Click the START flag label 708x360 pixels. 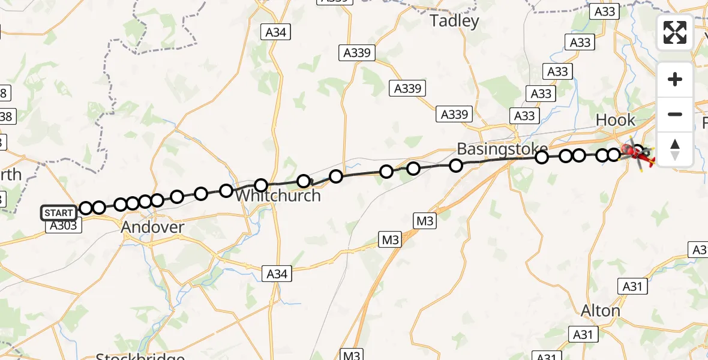(x=59, y=213)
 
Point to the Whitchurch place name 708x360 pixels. (x=278, y=196)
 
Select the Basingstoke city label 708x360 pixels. (x=494, y=148)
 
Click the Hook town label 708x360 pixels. (x=615, y=120)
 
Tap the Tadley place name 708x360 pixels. (x=455, y=22)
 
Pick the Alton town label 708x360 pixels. (x=601, y=310)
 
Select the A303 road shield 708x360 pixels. (x=61, y=226)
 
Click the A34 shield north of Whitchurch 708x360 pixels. (x=275, y=32)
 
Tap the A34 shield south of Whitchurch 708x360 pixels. (x=277, y=274)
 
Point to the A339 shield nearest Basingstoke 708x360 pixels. (x=455, y=114)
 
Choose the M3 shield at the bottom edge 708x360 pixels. (x=352, y=355)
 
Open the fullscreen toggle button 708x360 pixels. (x=674, y=32)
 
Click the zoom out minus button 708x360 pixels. (x=674, y=114)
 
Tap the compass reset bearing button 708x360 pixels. (x=674, y=149)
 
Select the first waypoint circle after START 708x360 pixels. (x=86, y=208)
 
